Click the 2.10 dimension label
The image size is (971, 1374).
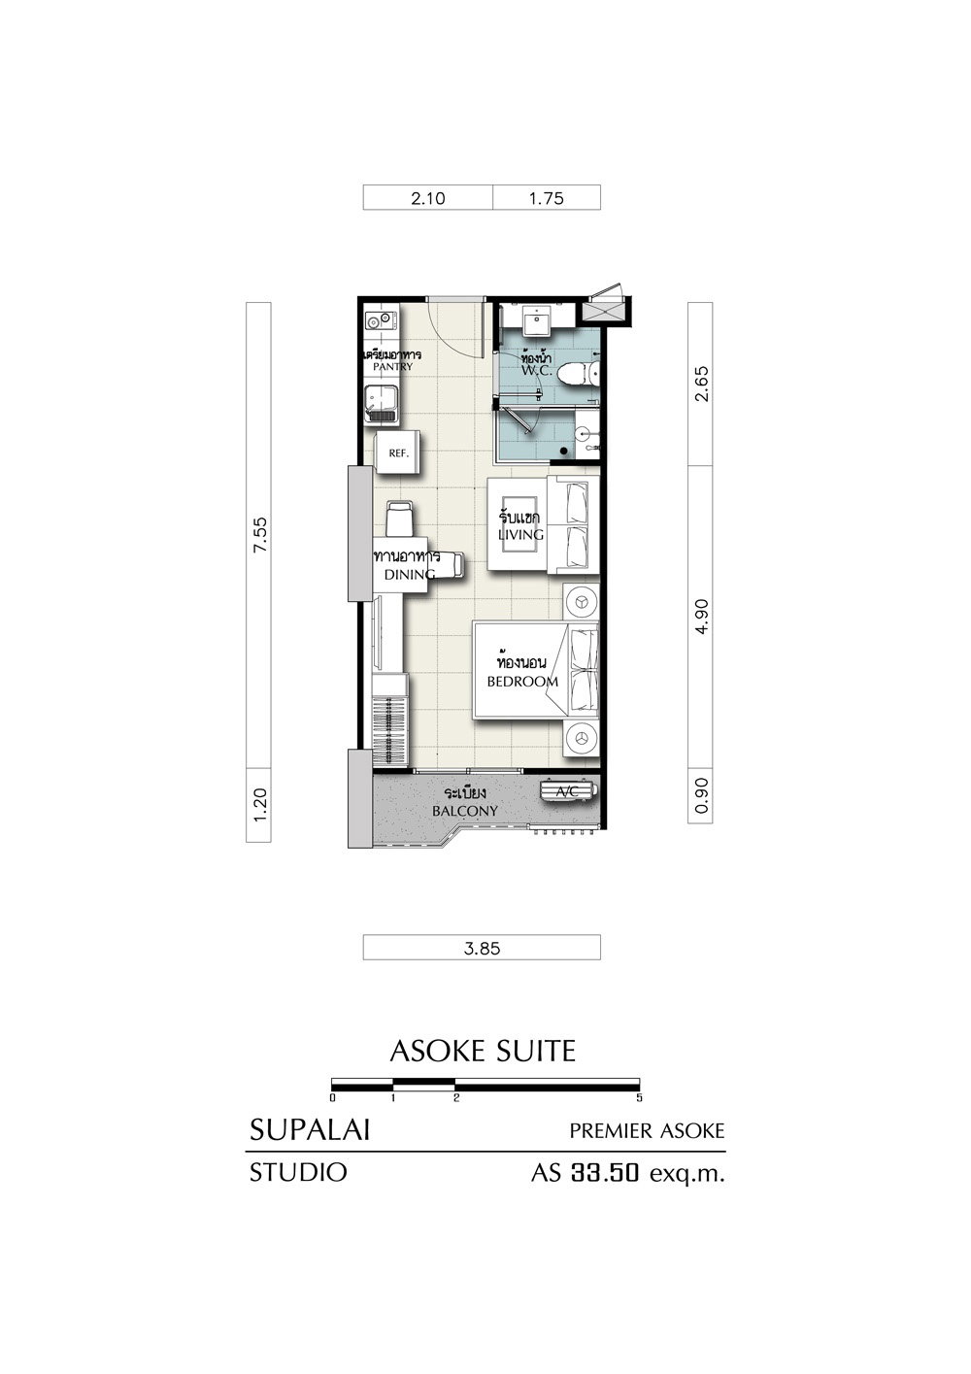(x=427, y=199)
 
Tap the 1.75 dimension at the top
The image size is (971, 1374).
(x=546, y=199)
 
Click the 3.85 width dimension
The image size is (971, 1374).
(x=483, y=949)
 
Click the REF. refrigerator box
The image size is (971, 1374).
(x=398, y=452)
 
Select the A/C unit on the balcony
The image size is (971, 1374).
(x=568, y=791)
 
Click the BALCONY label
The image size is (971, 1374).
(x=464, y=811)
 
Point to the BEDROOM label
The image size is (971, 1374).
(x=522, y=682)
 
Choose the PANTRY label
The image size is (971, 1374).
(x=392, y=367)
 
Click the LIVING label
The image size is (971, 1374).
(x=520, y=534)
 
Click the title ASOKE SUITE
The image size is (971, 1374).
(x=483, y=1051)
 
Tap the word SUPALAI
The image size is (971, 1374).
(x=310, y=1130)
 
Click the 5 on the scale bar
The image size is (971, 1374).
(x=639, y=1098)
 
